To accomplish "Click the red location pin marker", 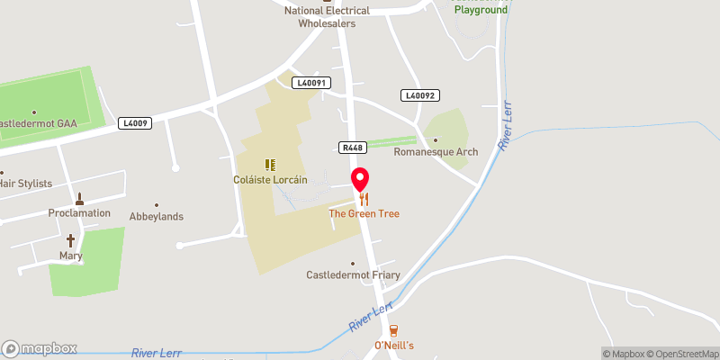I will (360, 180).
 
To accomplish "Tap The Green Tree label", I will (364, 213).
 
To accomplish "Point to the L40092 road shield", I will (419, 94).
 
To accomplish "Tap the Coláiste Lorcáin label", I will (270, 179).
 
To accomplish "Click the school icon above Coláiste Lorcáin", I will (270, 165).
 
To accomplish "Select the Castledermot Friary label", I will (353, 274).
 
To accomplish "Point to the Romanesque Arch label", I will (436, 152).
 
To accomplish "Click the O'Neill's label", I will (392, 345).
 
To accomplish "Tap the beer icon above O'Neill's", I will (392, 330).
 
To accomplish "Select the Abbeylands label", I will (156, 217).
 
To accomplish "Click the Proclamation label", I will (79, 213).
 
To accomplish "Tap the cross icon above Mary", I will (71, 240).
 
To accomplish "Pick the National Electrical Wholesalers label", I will (326, 17).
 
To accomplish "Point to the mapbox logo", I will (40, 348).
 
